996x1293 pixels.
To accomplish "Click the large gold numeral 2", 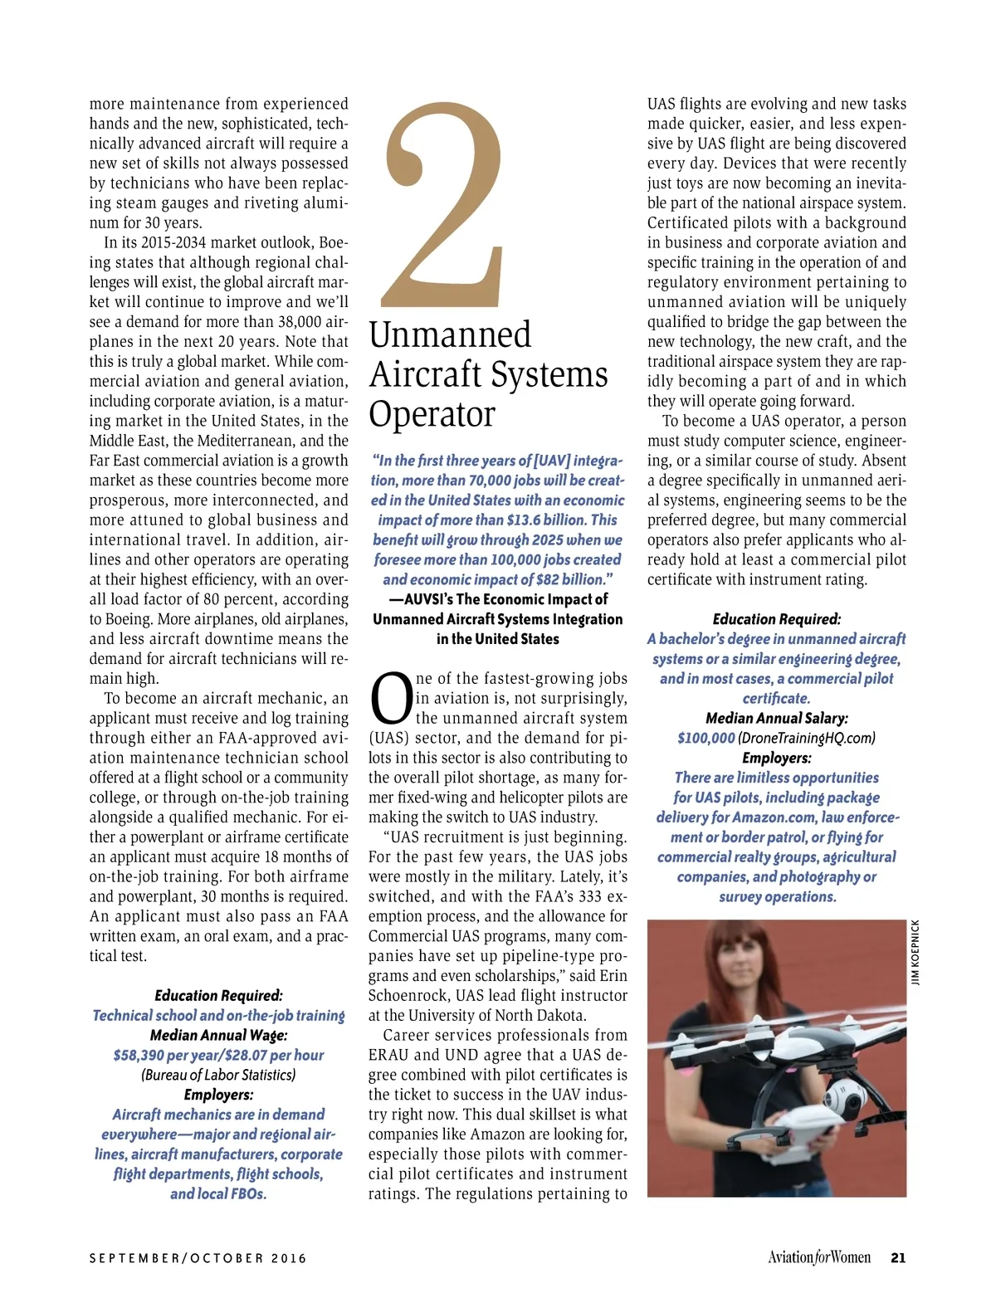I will [x=443, y=207].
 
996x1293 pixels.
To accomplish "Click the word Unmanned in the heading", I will [x=450, y=335].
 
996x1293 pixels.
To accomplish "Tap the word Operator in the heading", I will [x=432, y=414].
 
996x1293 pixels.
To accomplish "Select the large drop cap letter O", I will [x=390, y=699].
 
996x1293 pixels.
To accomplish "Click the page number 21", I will [x=897, y=1257].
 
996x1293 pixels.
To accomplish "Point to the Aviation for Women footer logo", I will [x=818, y=1257].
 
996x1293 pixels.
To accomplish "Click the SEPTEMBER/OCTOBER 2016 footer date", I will [x=198, y=1258].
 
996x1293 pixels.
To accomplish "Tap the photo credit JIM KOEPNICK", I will [x=915, y=952].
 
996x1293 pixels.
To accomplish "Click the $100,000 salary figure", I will [x=706, y=738].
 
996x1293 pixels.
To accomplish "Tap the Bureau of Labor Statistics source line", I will [x=218, y=1076].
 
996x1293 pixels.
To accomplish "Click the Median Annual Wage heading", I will [x=218, y=1036].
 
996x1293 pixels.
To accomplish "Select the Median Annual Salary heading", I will [x=776, y=718].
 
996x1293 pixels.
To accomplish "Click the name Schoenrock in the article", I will [x=410, y=996].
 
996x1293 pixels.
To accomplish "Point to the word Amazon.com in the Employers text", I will [x=775, y=817].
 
